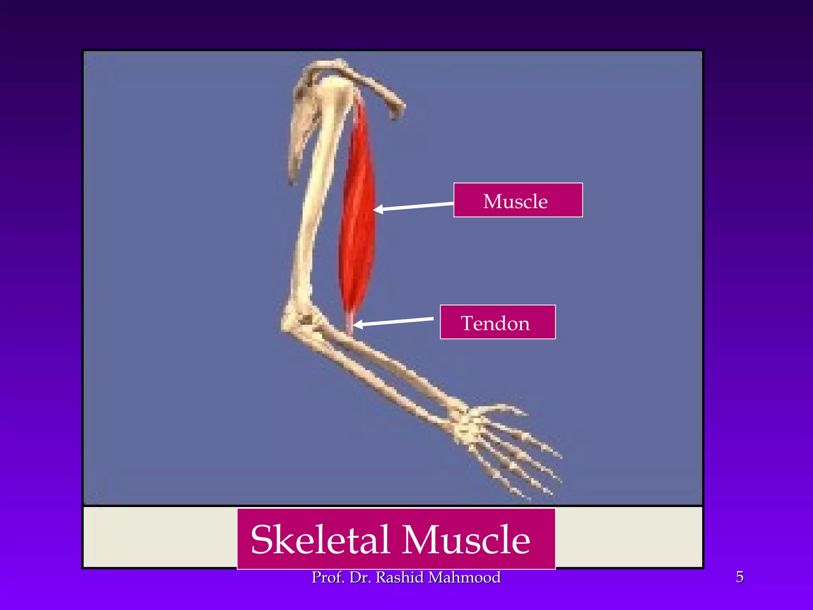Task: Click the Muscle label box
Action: (518, 200)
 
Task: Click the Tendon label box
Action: (497, 322)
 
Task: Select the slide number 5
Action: (740, 577)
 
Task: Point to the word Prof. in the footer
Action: (328, 577)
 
